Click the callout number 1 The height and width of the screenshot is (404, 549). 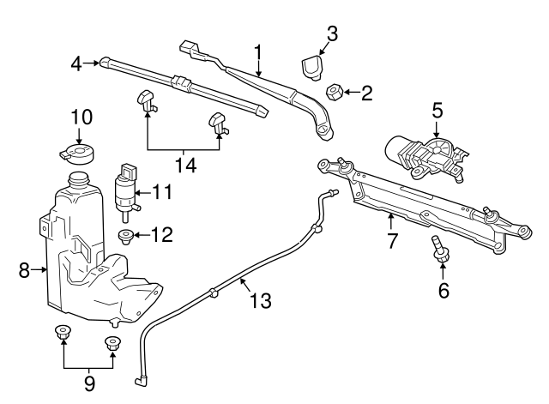coord(256,53)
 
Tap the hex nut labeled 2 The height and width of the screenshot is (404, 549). coord(335,92)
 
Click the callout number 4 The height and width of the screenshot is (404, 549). coord(75,62)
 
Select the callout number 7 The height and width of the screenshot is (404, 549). coord(391,241)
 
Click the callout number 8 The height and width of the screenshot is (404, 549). coord(24,271)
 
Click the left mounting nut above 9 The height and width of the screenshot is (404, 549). coord(62,333)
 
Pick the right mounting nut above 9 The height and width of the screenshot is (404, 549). coord(112,343)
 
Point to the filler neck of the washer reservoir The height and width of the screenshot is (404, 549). coord(78,182)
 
